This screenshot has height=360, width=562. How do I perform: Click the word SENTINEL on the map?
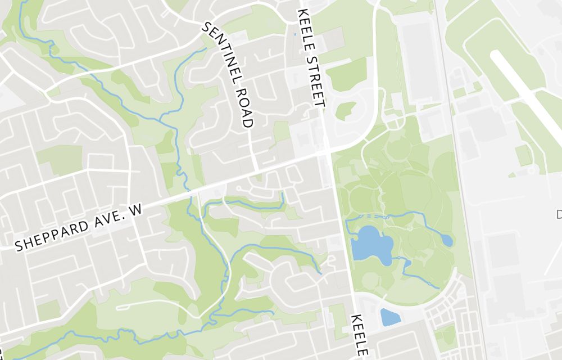[220, 53]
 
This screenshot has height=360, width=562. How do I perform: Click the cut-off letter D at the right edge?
[559, 214]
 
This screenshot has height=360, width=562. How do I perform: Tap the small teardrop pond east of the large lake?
[447, 240]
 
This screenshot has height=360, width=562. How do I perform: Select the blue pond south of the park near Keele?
[390, 317]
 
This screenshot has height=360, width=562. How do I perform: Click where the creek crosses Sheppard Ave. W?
[190, 193]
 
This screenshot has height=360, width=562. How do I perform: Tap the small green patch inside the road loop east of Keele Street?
[346, 110]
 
